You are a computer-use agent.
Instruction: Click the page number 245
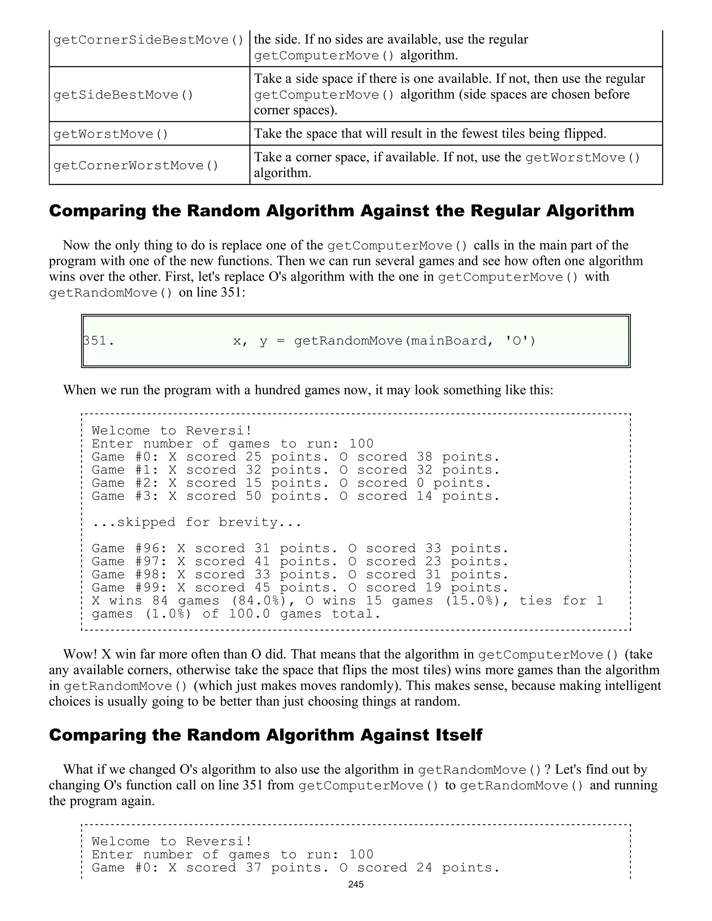pos(356,884)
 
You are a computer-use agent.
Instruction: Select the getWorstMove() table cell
pos(111,134)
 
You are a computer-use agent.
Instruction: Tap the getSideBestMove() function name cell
pos(123,95)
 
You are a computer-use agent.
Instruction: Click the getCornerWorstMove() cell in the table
pos(136,165)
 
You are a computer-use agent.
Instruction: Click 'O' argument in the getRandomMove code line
pos(520,340)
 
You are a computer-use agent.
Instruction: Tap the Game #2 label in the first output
pos(125,483)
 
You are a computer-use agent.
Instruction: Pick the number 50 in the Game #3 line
pos(253,496)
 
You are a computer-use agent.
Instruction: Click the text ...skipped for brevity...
pos(196,522)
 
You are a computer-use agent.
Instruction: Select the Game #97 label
pos(129,561)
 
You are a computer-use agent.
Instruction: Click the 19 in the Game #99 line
pos(433,587)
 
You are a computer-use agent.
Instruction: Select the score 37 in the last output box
pos(253,867)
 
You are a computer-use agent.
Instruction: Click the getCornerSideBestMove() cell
pos(148,40)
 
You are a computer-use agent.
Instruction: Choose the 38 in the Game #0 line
pos(424,457)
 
